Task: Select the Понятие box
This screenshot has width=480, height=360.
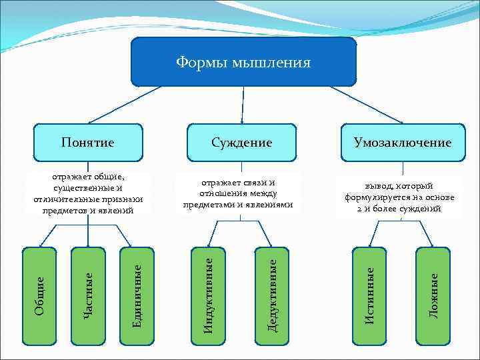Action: pyautogui.click(x=87, y=142)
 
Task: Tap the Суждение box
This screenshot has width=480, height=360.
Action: pyautogui.click(x=241, y=142)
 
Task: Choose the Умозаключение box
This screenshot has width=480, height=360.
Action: pyautogui.click(x=403, y=142)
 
